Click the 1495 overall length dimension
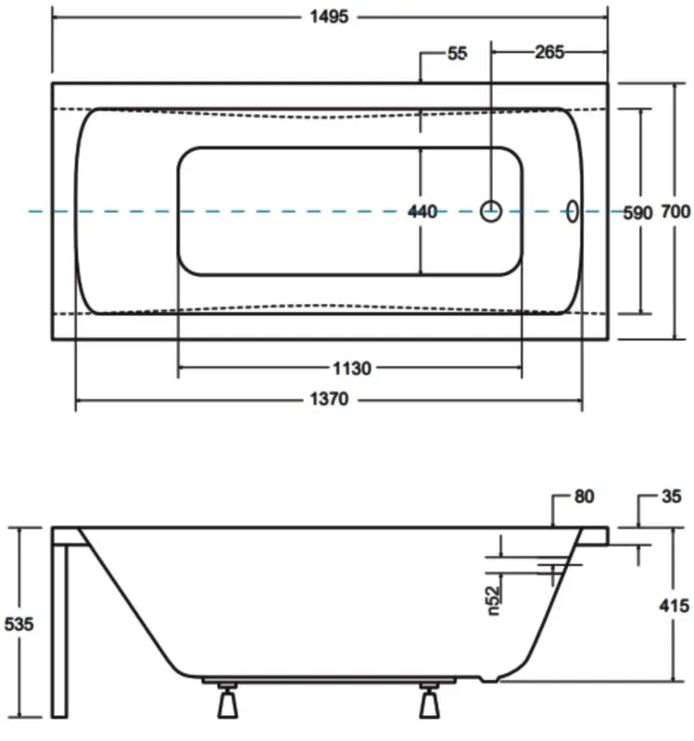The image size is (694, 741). point(329,17)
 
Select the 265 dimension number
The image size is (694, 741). point(549,52)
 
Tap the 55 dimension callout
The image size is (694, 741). point(457,54)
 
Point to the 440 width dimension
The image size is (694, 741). point(423,212)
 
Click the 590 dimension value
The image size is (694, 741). point(637,213)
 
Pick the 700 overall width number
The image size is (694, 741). point(675,211)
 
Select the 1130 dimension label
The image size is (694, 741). point(352,368)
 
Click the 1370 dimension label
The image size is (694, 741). point(329,399)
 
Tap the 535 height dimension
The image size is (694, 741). point(19,624)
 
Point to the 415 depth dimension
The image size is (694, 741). point(675,606)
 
